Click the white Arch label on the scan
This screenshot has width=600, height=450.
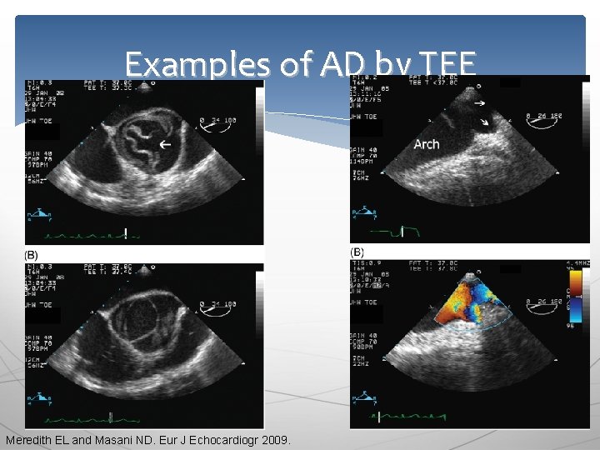pyautogui.click(x=426, y=144)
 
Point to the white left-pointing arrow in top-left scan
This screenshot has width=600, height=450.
pyautogui.click(x=165, y=145)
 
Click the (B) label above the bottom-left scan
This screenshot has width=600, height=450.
pyautogui.click(x=31, y=253)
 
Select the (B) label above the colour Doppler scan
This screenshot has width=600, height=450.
pyautogui.click(x=357, y=252)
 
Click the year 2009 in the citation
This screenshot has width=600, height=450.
pyautogui.click(x=274, y=439)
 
